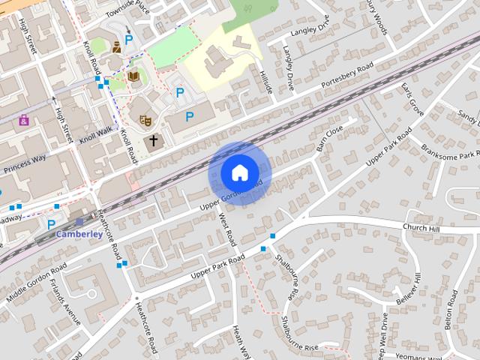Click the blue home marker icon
coord(238,172)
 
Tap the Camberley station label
coord(79,234)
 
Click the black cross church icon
coord(154,139)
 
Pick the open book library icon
coord(133,76)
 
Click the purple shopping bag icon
coord(24,119)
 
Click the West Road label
coord(227,228)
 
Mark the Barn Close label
coord(329,137)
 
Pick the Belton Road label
coord(451,307)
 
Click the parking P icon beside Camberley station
coord(51,223)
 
